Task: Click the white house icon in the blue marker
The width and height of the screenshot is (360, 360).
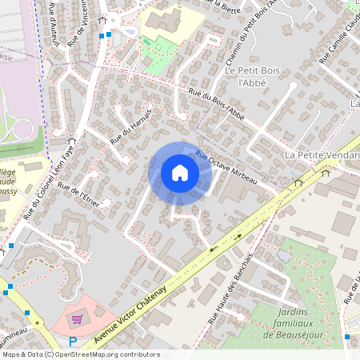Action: coord(180,172)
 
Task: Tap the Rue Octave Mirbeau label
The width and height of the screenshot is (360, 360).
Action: coord(226,169)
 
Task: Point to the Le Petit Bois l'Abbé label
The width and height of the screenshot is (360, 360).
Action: coord(245,76)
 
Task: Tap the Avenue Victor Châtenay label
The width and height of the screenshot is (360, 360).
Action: coord(131,314)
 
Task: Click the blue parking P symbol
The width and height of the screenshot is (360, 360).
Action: coord(73,342)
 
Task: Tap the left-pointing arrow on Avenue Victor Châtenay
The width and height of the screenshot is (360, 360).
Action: coord(214,249)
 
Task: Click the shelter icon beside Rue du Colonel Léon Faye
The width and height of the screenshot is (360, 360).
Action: coord(72,138)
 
